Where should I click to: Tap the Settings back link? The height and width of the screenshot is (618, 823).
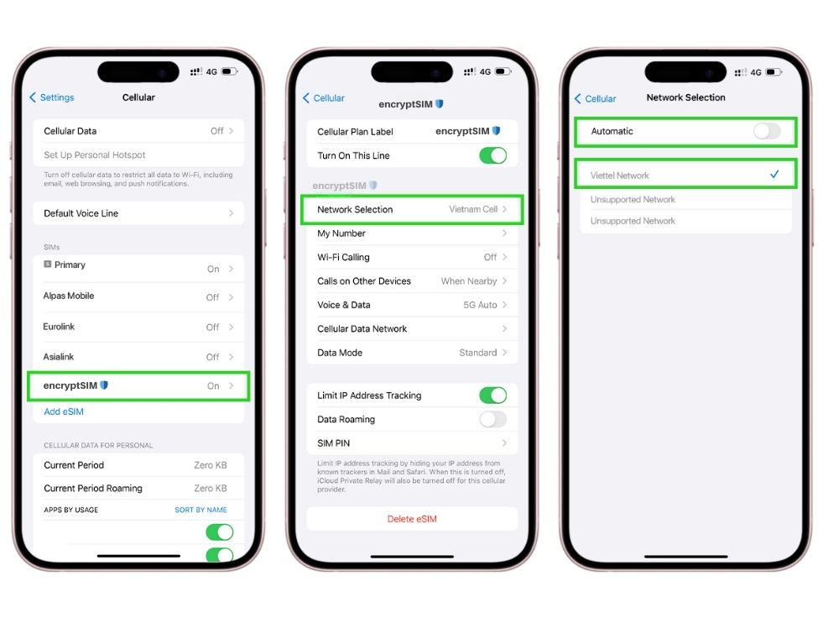coord(52,97)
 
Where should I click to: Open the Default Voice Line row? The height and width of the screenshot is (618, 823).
coord(138,212)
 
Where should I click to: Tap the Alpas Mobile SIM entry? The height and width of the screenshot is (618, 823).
coord(138,296)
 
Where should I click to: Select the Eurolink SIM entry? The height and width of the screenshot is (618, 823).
coord(138,327)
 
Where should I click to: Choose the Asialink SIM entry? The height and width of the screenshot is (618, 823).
coord(138,357)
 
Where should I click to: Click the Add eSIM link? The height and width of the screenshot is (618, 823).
coord(64,411)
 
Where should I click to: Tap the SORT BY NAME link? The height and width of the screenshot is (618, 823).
coord(201,510)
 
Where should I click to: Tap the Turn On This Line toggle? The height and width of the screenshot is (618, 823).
coord(492,155)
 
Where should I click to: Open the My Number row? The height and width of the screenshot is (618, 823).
coord(412,233)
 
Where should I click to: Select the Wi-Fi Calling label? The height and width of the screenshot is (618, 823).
coord(343,257)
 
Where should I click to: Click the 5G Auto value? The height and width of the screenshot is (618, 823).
coord(480,305)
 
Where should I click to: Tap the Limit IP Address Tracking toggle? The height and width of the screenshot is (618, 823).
coord(492,395)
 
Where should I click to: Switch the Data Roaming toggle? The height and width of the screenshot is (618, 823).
coord(492,419)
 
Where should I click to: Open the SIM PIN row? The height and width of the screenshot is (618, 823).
coord(412,443)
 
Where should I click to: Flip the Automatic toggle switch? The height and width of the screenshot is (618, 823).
coord(767,131)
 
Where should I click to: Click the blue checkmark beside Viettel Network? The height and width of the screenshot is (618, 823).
coord(774,174)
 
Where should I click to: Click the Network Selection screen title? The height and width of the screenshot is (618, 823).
coord(685,97)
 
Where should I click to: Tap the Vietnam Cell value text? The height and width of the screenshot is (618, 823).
coord(473,209)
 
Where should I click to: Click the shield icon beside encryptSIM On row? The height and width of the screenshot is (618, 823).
coord(104,385)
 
